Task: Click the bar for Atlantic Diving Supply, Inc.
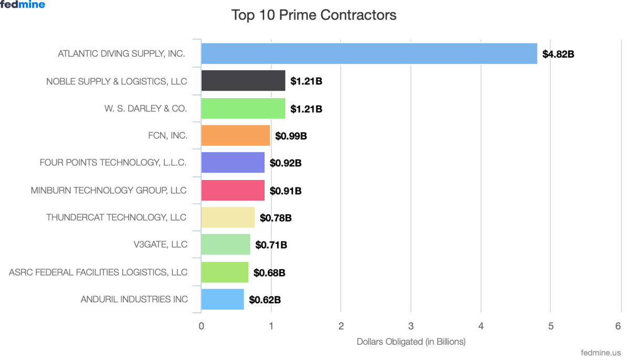(x=369, y=54)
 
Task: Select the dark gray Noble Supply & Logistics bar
(x=243, y=81)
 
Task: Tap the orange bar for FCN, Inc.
(x=236, y=135)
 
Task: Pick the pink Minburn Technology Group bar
(x=233, y=190)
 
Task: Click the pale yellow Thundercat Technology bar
(x=228, y=217)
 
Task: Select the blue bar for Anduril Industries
(x=223, y=299)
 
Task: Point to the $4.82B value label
(x=558, y=54)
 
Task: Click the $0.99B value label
(x=291, y=136)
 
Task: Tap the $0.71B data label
(x=271, y=245)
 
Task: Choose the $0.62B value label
(x=265, y=300)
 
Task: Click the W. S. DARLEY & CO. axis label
(x=145, y=109)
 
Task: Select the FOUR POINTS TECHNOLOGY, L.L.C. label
(x=113, y=163)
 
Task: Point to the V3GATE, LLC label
(x=160, y=245)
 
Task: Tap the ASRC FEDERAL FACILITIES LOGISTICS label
(x=98, y=272)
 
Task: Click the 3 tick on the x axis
(x=411, y=326)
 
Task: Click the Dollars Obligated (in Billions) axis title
(x=411, y=342)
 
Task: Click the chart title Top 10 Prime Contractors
(x=314, y=15)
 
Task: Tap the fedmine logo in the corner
(x=23, y=5)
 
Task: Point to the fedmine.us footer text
(x=602, y=353)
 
